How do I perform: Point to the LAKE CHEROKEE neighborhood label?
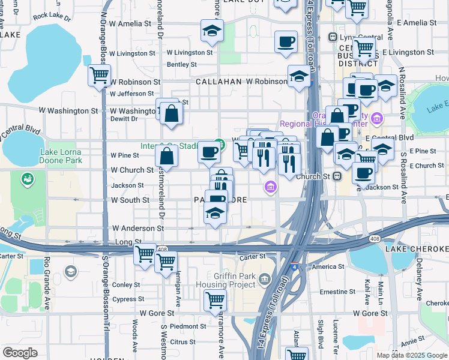click(418, 248)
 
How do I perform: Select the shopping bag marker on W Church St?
click(166, 157)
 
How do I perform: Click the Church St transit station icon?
click(337, 176)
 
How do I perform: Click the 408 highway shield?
click(161, 248)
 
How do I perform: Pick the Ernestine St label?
click(337, 292)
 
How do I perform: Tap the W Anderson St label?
click(138, 229)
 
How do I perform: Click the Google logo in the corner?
click(19, 353)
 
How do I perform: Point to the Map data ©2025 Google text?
click(412, 355)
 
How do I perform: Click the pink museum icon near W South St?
click(271, 188)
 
